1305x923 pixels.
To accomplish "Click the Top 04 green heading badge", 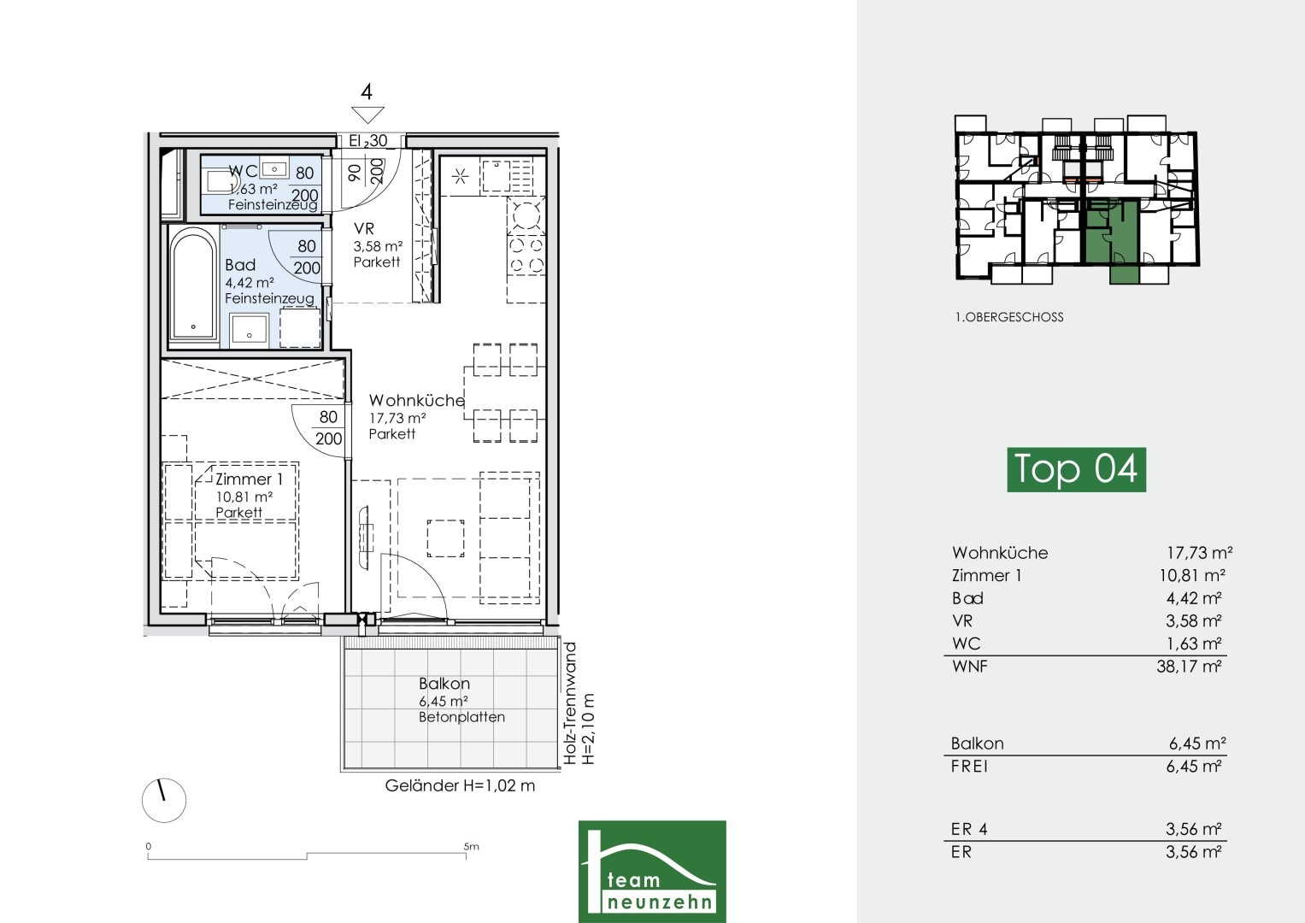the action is tap(1076, 469).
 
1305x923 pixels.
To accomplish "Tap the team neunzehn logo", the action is tap(652, 871).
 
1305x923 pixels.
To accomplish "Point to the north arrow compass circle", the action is tap(164, 800).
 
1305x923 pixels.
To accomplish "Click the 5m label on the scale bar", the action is tap(471, 846).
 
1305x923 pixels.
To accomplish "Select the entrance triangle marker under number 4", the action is tap(367, 115).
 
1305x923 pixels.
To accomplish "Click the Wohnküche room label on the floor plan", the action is tap(416, 400).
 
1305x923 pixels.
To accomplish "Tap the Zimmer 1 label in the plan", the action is tap(249, 479).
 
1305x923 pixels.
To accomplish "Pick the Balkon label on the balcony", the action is tap(444, 683).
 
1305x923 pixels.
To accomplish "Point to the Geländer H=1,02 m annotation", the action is tap(460, 785).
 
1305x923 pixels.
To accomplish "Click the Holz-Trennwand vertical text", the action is tap(570, 703).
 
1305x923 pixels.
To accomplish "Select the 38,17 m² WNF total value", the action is tap(1189, 666).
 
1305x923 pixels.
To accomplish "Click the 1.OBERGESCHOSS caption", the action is tap(1009, 317).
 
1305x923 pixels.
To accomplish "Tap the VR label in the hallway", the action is tap(364, 228).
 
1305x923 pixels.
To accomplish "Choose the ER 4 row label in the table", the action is tap(969, 829).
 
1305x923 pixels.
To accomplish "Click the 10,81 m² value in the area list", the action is tap(1192, 575).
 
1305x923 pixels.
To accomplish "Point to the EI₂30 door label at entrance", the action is tap(368, 141).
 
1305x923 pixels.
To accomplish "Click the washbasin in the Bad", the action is tap(250, 331).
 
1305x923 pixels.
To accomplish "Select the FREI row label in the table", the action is tap(969, 767).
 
